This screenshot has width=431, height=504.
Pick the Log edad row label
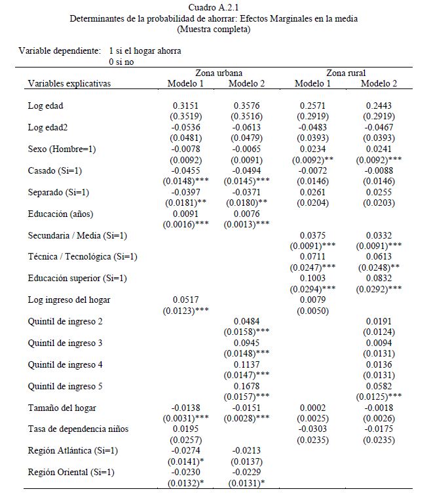(x=46, y=106)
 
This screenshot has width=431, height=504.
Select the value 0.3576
(x=248, y=106)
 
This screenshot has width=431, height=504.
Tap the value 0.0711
(x=312, y=257)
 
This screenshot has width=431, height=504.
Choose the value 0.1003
(x=312, y=279)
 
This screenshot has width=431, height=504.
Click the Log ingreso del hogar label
(x=69, y=300)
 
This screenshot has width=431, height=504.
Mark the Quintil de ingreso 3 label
(x=65, y=343)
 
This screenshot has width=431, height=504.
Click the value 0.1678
(x=248, y=387)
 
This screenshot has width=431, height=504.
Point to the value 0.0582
(x=379, y=387)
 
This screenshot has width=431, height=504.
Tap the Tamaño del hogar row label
(x=62, y=408)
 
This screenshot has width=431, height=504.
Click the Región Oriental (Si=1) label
(x=71, y=473)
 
